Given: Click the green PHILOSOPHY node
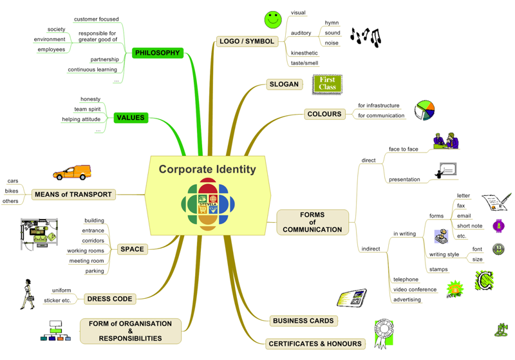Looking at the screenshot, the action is (157, 53).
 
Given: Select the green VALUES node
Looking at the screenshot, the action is (131, 118).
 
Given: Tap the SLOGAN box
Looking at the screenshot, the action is (284, 84).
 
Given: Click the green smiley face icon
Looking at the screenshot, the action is (273, 20).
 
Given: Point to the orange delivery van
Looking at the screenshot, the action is (72, 173).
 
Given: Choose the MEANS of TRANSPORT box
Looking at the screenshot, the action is (73, 194).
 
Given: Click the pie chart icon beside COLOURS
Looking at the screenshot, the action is (424, 110).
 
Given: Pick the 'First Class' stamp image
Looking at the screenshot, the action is (327, 84).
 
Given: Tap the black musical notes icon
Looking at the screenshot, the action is (366, 37).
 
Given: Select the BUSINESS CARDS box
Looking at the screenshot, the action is (303, 321).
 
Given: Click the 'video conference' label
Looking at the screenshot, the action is (415, 289).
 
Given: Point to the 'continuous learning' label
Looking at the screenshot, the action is (92, 70).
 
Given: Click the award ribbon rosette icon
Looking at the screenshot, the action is (384, 334).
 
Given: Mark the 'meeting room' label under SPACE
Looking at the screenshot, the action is (86, 261).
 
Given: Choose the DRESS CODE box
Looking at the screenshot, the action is (109, 299).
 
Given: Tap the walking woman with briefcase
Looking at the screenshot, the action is (28, 294).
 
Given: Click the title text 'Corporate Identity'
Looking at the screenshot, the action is (207, 169).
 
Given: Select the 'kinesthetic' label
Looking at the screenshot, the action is (304, 53).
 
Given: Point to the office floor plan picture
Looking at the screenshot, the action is (39, 234).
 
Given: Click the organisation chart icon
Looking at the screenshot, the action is (55, 331).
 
